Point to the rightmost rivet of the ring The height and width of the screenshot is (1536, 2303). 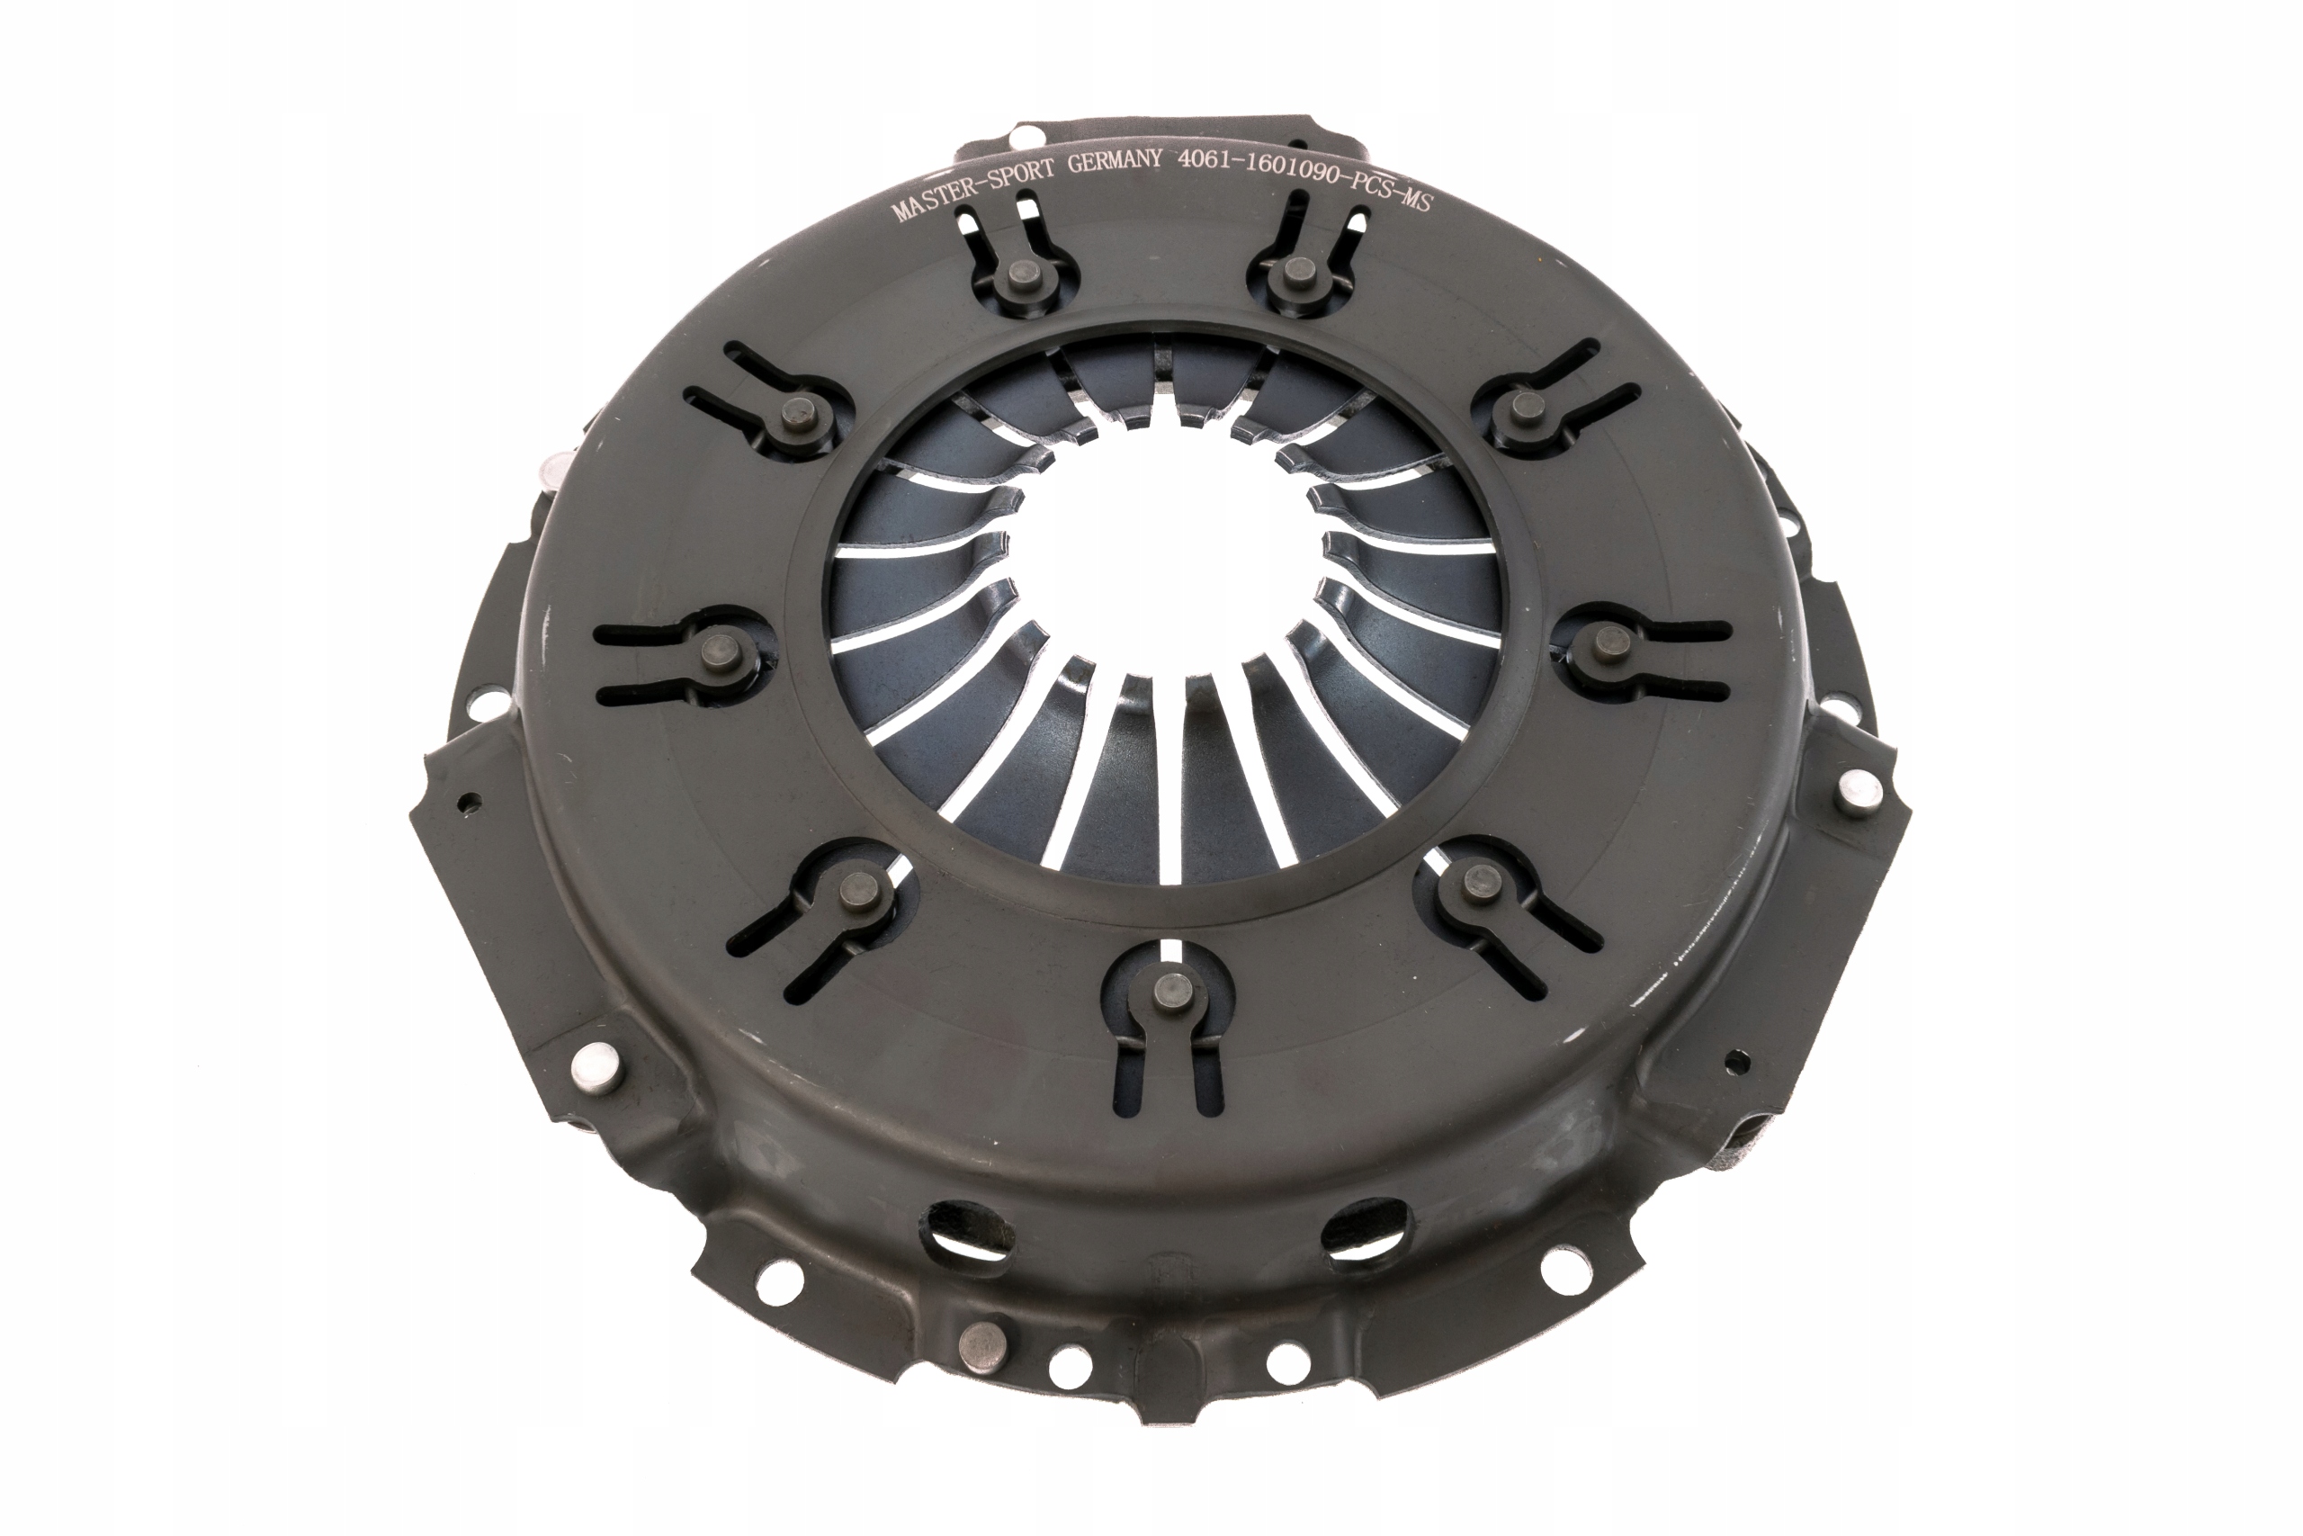point(1607,642)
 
